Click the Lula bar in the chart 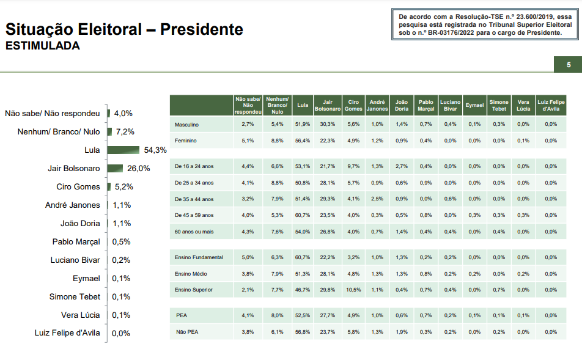pyautogui.click(x=123, y=150)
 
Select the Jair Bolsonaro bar pyautogui.click(x=115, y=168)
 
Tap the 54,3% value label pyautogui.click(x=155, y=150)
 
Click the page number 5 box pyautogui.click(x=569, y=65)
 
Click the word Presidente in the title pyautogui.click(x=202, y=29)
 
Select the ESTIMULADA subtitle pyautogui.click(x=42, y=46)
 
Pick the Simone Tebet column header pyautogui.click(x=498, y=105)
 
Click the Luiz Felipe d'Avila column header pyautogui.click(x=551, y=105)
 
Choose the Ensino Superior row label pyautogui.click(x=195, y=290)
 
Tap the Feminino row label pyautogui.click(x=186, y=141)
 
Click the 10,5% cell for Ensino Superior pyautogui.click(x=353, y=290)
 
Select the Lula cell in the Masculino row pyautogui.click(x=302, y=125)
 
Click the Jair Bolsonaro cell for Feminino pyautogui.click(x=327, y=141)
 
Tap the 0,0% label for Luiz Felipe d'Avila pyautogui.click(x=122, y=333)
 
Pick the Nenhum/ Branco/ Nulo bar pyautogui.click(x=109, y=131)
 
